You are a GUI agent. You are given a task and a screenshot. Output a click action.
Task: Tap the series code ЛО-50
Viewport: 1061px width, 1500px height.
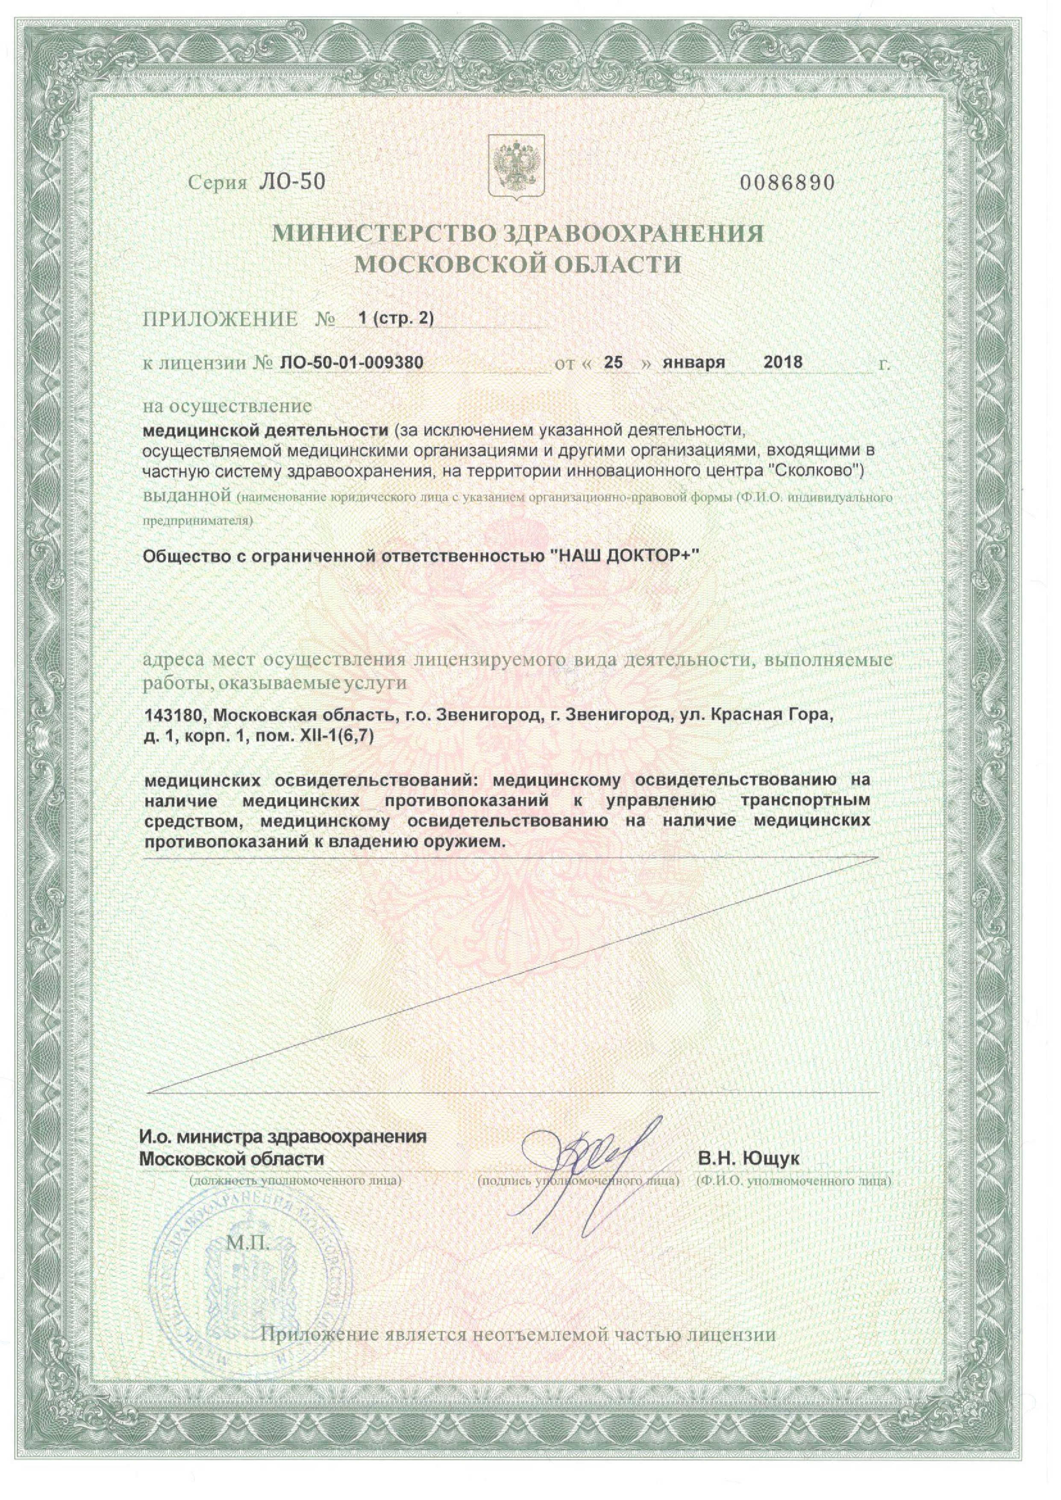tap(288, 184)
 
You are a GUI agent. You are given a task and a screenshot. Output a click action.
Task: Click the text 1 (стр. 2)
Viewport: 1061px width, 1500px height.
tap(396, 318)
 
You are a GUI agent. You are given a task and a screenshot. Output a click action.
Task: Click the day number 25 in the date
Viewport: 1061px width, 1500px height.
tap(614, 362)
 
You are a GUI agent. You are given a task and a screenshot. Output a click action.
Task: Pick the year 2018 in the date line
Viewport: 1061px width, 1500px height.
tap(783, 362)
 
